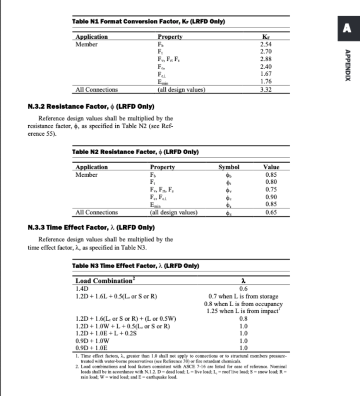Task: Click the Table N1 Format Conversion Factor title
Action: click(149, 21)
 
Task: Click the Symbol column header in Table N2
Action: click(229, 167)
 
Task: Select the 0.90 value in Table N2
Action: click(271, 197)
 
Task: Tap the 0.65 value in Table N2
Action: click(271, 212)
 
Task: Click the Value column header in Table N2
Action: click(271, 167)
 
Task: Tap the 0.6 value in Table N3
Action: click(243, 288)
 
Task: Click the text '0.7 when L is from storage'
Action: click(243, 296)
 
